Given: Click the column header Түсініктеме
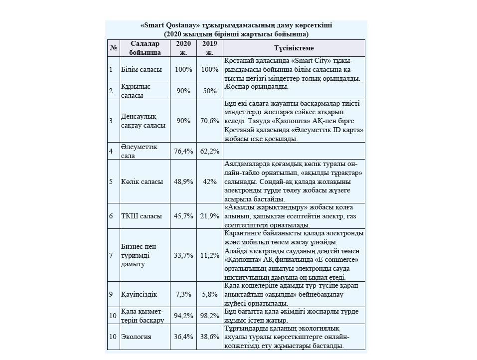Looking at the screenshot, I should pos(294,48).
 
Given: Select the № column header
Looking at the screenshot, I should pos(114,48).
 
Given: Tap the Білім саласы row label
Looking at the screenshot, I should pos(142,69).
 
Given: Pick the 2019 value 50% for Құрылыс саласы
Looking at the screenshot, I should pos(210,91).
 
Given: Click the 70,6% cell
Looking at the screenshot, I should pos(210,121).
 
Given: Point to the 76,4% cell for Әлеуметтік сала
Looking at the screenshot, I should pos(183,151).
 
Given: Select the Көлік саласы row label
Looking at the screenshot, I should pos(142,181).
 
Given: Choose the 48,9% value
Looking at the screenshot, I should pos(183,181).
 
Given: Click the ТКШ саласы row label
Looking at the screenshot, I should pos(142,216).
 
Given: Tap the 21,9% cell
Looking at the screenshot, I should pos(210,216).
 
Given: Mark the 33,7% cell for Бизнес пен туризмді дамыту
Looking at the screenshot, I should pos(183,255).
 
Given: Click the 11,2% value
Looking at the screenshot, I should pos(210,255).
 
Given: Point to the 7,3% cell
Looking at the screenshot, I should pos(183,294).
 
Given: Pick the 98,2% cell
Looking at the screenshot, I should pos(210,316).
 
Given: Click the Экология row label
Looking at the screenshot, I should pos(136,337).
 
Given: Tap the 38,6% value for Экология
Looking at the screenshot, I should pos(210,337).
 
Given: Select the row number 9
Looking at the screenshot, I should pos(111,294).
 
